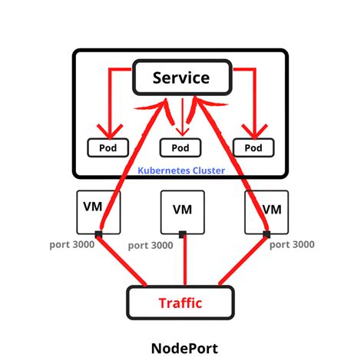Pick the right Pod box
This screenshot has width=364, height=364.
pos(255,147)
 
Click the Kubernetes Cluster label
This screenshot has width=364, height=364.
pos(181,170)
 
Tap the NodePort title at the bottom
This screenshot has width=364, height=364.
pos(182,345)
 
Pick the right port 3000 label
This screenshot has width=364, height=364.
pos(293,246)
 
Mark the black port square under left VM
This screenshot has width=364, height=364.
pos(99,234)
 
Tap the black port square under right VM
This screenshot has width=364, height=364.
pos(266,234)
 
